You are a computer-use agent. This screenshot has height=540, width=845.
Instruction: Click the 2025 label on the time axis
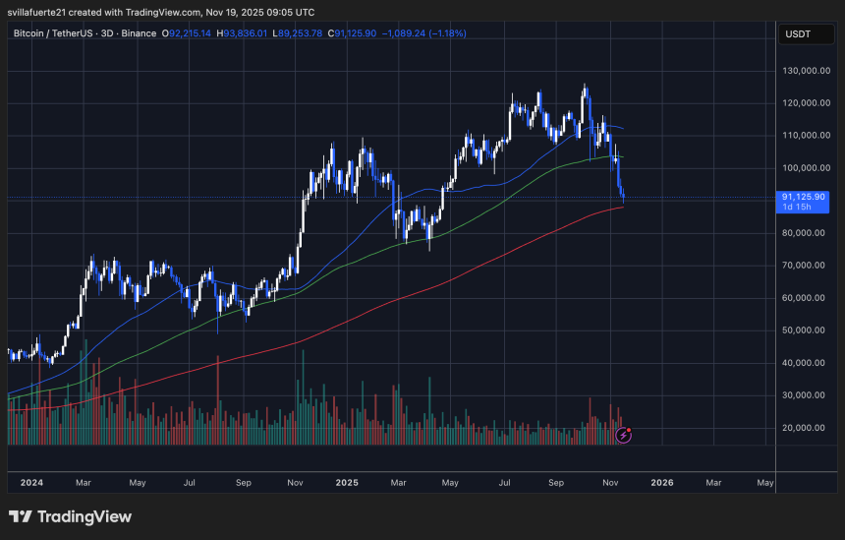(347, 483)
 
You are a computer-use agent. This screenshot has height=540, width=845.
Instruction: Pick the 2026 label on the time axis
(662, 483)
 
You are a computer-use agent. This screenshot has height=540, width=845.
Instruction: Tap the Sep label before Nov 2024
(244, 483)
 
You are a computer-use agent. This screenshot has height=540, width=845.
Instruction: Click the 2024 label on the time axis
(31, 483)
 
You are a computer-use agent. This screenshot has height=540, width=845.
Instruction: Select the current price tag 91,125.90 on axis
(803, 197)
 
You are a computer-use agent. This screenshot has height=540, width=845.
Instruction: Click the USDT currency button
(796, 33)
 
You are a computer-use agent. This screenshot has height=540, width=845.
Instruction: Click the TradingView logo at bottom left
(70, 516)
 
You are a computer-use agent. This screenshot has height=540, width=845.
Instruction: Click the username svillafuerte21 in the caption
(46, 12)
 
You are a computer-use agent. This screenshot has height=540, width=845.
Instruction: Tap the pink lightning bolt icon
(622, 434)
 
